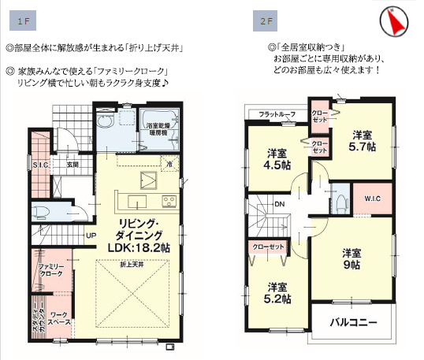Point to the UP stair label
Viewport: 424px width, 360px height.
tap(91, 236)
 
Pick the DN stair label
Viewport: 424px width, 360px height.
tap(279, 204)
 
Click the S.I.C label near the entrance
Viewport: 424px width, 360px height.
tap(42, 165)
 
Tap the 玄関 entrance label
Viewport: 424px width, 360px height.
tap(73, 165)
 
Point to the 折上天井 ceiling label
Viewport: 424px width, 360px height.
tap(132, 264)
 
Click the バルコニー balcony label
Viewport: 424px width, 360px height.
tap(353, 323)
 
